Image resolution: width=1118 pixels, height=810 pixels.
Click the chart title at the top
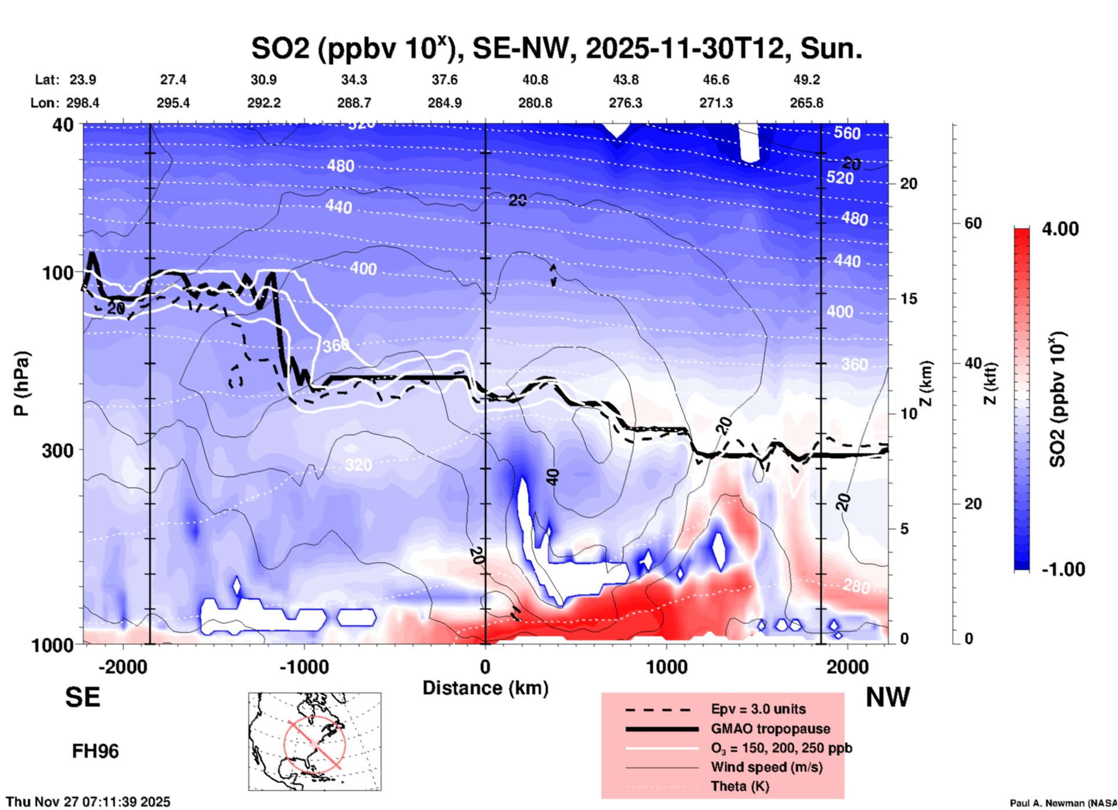[556, 49]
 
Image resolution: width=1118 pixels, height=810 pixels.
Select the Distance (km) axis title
[485, 688]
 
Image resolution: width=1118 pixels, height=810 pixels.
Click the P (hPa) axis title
[21, 384]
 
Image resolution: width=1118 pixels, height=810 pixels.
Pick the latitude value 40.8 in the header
[535, 80]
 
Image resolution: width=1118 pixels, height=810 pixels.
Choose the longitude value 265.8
[806, 103]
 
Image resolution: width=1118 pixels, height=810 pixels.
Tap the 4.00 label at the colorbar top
[1060, 229]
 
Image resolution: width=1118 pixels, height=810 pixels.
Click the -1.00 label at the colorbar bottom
[1062, 569]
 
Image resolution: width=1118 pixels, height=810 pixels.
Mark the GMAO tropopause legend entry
[770, 729]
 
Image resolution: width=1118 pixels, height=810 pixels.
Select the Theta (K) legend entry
[740, 786]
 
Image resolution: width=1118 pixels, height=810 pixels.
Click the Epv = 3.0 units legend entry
[758, 709]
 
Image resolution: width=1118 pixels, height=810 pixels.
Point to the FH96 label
[95, 751]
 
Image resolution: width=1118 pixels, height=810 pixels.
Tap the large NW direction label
[888, 697]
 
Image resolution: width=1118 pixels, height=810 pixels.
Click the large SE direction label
[82, 697]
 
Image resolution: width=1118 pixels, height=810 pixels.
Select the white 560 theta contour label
[847, 133]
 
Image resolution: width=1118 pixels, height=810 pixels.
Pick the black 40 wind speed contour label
[553, 477]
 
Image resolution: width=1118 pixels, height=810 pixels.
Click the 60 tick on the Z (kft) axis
[973, 223]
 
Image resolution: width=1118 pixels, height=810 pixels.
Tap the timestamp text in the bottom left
[88, 802]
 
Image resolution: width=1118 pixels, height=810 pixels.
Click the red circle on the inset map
[314, 743]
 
